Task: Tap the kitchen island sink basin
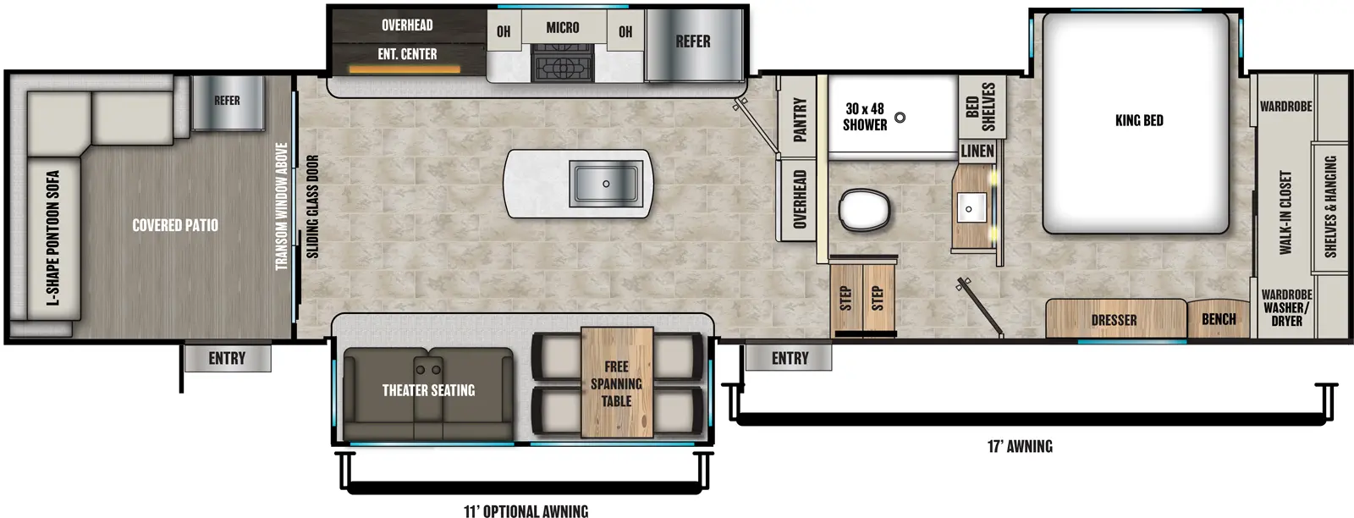[606, 184]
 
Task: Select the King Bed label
[1139, 120]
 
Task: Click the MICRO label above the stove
[563, 28]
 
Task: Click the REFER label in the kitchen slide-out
[692, 41]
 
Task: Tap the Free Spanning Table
[616, 383]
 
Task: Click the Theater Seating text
[428, 390]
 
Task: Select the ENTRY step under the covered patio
[227, 358]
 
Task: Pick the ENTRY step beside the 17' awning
[790, 358]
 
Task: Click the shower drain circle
[900, 118]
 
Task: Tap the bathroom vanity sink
[971, 207]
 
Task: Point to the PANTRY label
[799, 118]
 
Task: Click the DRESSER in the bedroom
[1114, 320]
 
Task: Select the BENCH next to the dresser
[1219, 319]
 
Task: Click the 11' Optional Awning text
[526, 510]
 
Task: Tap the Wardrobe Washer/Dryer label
[1286, 307]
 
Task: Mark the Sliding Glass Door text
[312, 207]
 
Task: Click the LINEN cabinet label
[977, 151]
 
